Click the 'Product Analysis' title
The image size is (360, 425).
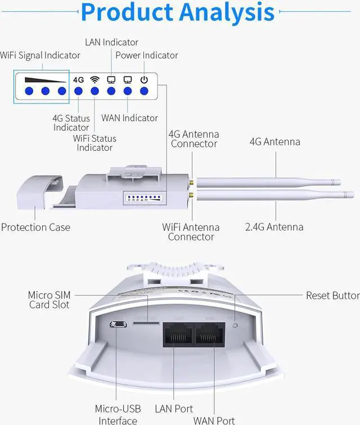[177, 12]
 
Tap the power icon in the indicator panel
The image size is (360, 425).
[144, 79]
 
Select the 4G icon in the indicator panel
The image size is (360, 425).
[78, 79]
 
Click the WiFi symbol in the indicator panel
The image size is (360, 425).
[94, 79]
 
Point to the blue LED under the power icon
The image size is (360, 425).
[144, 91]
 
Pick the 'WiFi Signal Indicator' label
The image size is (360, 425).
[40, 55]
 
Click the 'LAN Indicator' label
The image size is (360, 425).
[111, 42]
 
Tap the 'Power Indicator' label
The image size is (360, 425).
[146, 55]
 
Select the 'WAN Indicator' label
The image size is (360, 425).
[129, 118]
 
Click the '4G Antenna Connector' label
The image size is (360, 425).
[193, 139]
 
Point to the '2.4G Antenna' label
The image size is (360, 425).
[274, 227]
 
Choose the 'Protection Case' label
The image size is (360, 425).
[35, 227]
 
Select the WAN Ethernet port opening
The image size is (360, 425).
[210, 336]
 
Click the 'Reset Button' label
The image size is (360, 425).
[332, 296]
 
